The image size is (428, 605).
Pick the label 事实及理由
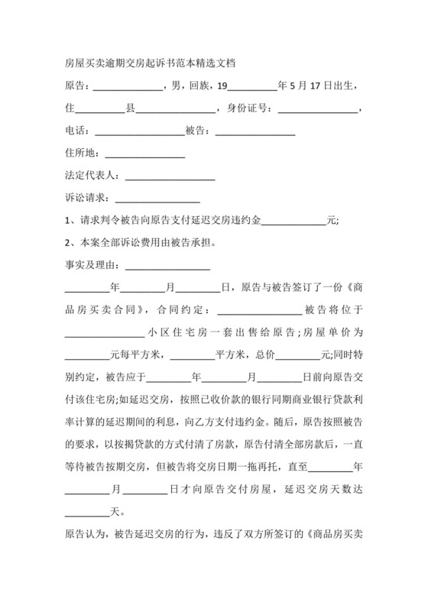90,267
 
